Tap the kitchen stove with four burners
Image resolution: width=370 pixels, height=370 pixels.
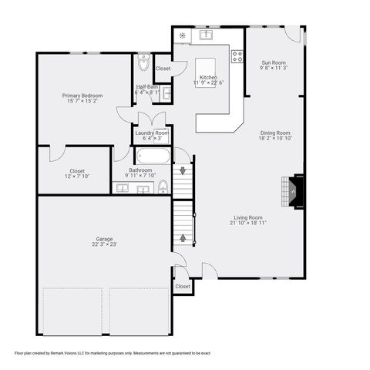(237, 55)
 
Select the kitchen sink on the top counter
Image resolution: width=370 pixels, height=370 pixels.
(207, 35)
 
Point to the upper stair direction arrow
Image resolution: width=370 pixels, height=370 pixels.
(183, 171)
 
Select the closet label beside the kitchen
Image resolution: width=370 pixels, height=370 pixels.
(163, 69)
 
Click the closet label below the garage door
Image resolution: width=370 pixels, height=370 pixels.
(183, 286)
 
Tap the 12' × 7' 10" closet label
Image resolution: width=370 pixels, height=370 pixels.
(77, 173)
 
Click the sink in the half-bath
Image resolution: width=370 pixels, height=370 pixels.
(166, 93)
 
